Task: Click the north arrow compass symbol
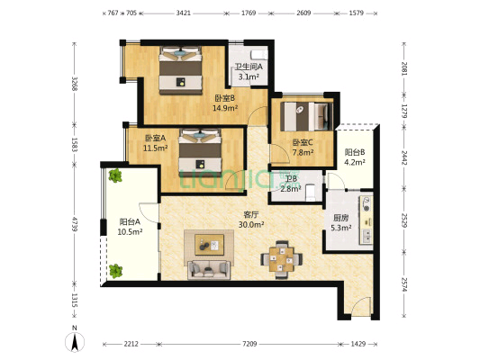(75, 341)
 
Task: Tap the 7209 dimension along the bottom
(249, 344)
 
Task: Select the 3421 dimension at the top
(183, 13)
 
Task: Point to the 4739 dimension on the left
(74, 224)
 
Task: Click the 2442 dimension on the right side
(404, 157)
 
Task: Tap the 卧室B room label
(225, 98)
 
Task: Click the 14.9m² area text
(225, 108)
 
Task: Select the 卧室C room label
(303, 142)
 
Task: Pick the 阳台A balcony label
(130, 221)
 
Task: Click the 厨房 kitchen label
(340, 218)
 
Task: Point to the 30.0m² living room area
(251, 224)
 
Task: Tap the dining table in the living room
(282, 260)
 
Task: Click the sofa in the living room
(209, 269)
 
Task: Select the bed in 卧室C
(306, 116)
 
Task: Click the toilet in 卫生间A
(259, 54)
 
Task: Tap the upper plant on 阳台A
(115, 175)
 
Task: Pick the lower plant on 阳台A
(115, 271)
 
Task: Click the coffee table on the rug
(210, 245)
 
